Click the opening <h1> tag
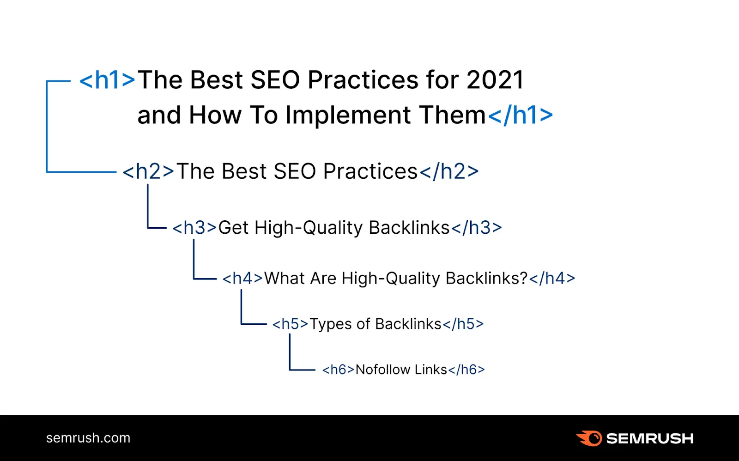point(107,80)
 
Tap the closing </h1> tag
point(521,115)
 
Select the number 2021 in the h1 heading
point(495,80)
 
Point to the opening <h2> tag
point(148,171)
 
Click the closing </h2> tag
point(449,171)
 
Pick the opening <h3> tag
point(194,228)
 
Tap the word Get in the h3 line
point(233,228)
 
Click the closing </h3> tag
point(477,228)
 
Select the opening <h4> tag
point(242,278)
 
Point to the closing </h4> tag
point(552,278)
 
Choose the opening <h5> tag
point(290,324)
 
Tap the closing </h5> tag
point(463,324)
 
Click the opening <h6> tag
point(339,370)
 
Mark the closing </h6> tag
point(466,370)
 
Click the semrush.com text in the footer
point(88,438)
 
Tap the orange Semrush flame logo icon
point(589,438)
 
